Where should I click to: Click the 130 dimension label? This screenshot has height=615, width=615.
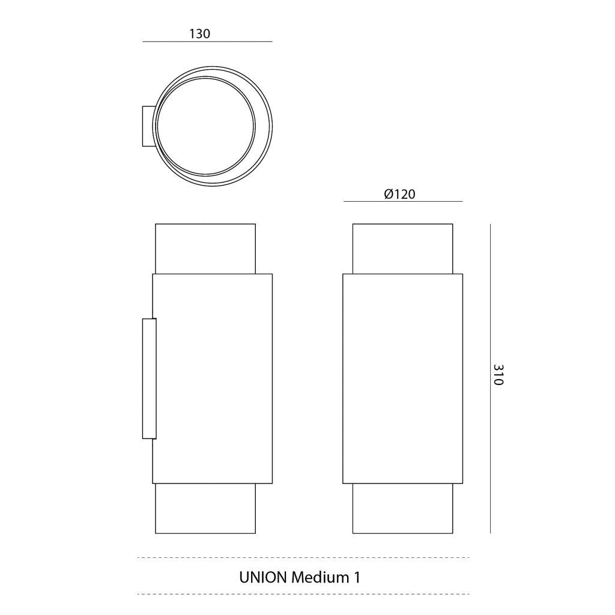[200, 34]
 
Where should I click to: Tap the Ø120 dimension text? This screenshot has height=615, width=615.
[399, 194]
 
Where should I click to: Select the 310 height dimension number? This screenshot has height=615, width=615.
[498, 375]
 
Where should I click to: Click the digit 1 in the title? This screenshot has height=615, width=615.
[357, 577]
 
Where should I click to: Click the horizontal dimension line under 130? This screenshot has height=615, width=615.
[207, 42]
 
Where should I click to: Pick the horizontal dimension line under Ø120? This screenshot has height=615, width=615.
[402, 202]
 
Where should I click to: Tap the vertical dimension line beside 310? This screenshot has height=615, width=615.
[490, 378]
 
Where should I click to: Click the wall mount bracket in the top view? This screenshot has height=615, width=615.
[148, 126]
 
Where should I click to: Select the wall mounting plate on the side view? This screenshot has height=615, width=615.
[149, 378]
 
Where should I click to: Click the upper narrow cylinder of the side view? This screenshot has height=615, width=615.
[205, 249]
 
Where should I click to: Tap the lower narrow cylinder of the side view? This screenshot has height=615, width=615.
[205, 508]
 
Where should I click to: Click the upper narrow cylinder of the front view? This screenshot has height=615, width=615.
[402, 249]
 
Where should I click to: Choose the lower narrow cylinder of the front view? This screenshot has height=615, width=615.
[402, 508]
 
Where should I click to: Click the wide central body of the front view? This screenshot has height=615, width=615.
[402, 378]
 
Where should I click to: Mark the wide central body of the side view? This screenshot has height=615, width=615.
[213, 378]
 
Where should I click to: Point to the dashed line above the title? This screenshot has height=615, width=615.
[303, 558]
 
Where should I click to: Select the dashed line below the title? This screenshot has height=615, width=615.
[303, 594]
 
